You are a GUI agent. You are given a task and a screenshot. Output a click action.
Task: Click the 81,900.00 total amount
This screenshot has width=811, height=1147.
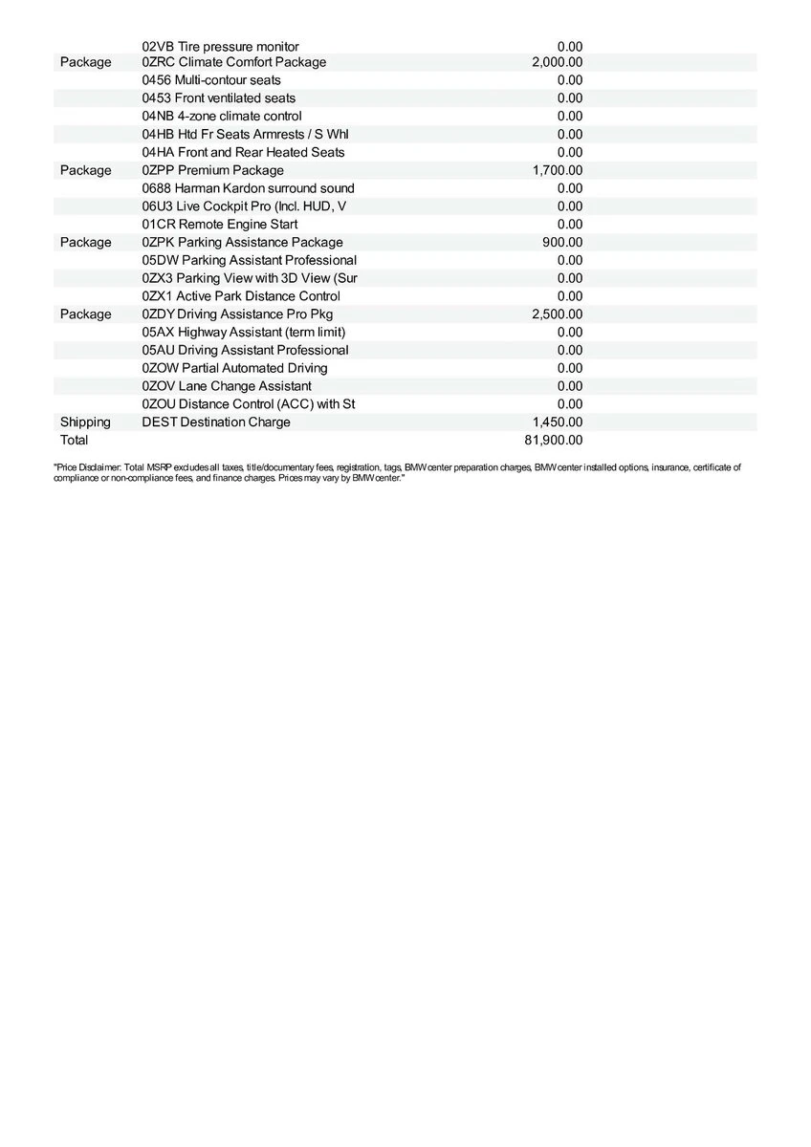(554, 441)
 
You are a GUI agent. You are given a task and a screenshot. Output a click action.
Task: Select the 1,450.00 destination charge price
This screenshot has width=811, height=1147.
(558, 422)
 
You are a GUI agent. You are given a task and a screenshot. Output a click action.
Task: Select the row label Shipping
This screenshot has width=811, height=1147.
(85, 422)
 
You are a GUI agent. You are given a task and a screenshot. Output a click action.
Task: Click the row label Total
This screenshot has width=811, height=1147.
(74, 441)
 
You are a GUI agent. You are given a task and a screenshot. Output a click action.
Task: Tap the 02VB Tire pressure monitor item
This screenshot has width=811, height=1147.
(220, 47)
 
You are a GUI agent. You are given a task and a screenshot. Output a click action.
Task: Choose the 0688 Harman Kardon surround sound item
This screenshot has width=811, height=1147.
(248, 188)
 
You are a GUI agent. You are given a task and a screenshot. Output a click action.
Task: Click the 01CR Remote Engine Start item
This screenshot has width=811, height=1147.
(220, 225)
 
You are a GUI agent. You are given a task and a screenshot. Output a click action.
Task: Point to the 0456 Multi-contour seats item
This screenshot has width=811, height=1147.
(211, 80)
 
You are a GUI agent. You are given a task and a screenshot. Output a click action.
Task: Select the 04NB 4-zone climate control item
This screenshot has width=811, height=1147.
(222, 117)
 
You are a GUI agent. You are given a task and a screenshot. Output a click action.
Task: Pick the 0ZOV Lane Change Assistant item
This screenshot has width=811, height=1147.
(227, 386)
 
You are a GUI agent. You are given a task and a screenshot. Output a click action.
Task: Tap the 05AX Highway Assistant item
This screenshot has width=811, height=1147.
(243, 333)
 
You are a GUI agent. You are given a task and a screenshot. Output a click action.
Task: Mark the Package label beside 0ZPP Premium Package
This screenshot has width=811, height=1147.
(85, 170)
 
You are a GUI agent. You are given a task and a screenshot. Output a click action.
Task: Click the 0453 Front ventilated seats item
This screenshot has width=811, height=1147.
(218, 98)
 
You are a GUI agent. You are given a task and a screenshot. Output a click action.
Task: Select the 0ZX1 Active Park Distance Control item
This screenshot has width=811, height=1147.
(241, 296)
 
